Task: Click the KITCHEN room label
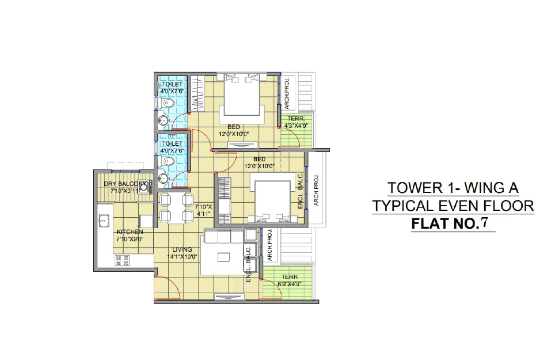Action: click(130, 232)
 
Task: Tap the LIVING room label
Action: click(182, 249)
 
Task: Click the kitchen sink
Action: click(104, 221)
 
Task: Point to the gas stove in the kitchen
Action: click(122, 260)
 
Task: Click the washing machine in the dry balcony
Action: click(143, 187)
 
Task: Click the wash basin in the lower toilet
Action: click(163, 179)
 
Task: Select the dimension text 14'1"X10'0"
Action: click(182, 257)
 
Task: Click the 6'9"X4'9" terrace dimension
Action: click(290, 284)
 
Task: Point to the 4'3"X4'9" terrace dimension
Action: click(296, 126)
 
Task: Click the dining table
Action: click(176, 208)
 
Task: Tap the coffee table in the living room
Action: click(223, 257)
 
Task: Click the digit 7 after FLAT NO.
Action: click(484, 223)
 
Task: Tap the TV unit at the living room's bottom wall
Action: click(230, 297)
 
